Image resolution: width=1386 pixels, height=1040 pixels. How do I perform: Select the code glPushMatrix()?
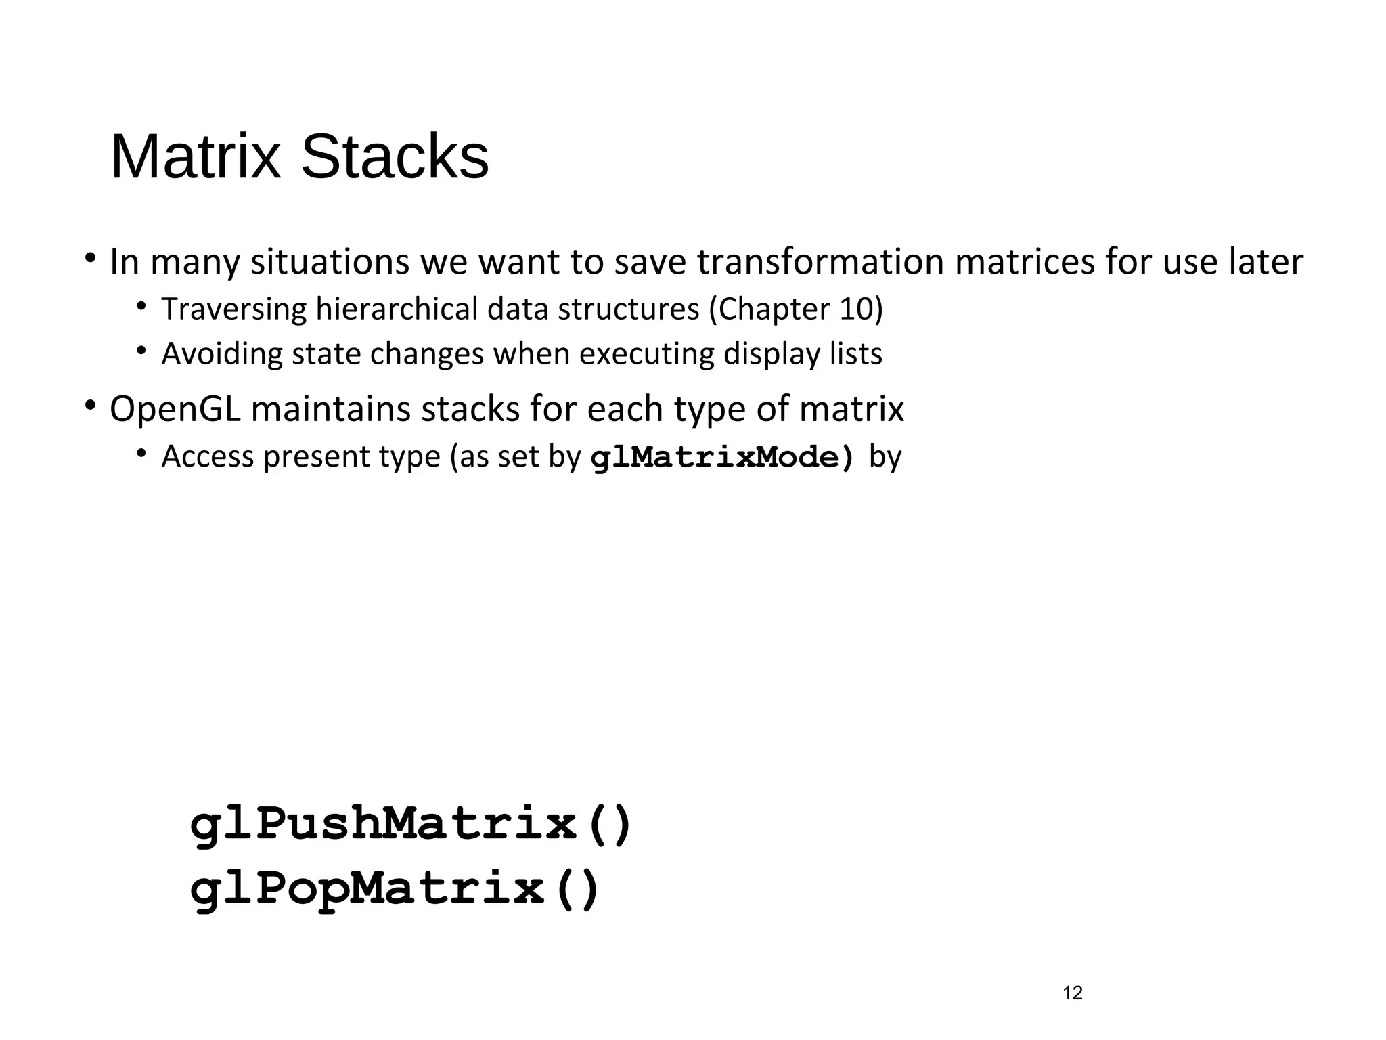[x=411, y=825]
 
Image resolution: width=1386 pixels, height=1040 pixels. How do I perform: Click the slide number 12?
[x=1073, y=993]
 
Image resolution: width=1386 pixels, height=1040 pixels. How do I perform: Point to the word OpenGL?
[x=175, y=409]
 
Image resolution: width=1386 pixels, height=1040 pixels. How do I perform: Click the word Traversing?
[x=234, y=309]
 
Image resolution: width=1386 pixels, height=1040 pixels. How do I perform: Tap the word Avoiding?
[x=222, y=354]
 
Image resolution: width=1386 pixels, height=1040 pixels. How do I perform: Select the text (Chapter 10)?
[x=796, y=309]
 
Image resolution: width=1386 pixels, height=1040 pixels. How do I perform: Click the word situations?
[x=330, y=262]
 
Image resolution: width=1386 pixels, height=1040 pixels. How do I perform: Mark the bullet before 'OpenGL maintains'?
[x=89, y=406]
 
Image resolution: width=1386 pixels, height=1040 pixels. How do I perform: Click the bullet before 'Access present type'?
[x=141, y=453]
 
